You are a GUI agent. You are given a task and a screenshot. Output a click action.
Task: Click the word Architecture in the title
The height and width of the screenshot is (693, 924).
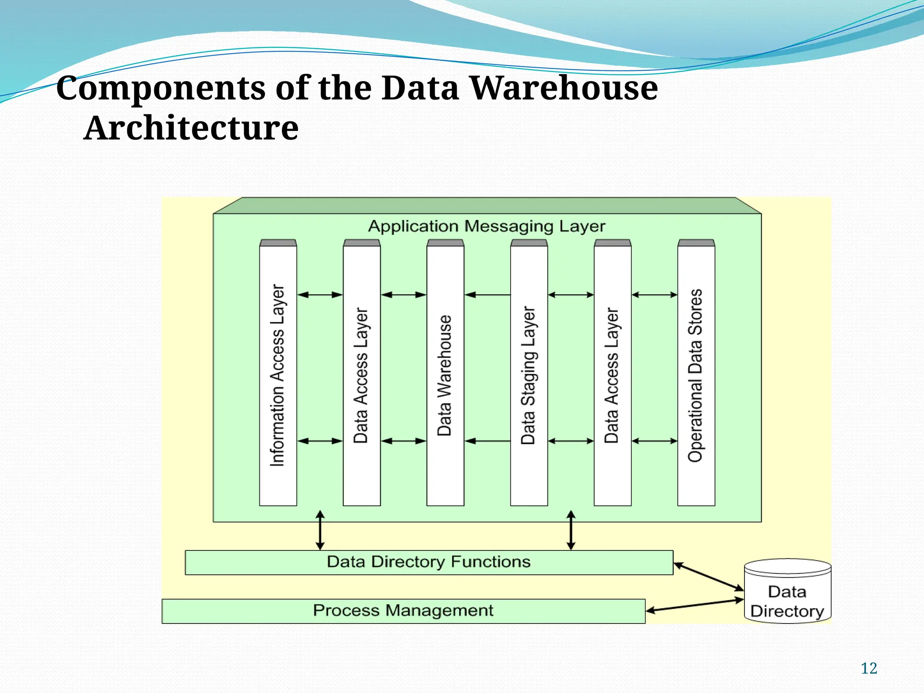point(191,128)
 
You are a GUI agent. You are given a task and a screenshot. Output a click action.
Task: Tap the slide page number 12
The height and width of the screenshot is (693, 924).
point(869,668)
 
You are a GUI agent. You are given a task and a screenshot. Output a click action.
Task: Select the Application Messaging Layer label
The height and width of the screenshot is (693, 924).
point(486,226)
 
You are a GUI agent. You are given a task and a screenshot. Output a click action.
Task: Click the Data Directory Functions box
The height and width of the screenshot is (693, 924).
point(429,562)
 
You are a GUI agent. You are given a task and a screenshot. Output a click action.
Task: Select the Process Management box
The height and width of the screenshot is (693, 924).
point(403,611)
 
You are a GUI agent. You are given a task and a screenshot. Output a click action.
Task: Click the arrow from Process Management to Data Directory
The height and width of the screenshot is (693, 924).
point(695,605)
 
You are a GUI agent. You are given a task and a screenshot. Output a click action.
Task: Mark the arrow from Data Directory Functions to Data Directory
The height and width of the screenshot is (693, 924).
point(708,576)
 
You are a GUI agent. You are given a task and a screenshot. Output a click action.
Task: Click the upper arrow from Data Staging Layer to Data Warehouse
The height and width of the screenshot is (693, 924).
point(487,295)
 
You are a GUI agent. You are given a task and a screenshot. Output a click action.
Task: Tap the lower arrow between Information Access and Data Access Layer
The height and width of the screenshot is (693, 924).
point(320,441)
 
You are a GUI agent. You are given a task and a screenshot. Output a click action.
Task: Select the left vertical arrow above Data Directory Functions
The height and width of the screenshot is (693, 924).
point(320,530)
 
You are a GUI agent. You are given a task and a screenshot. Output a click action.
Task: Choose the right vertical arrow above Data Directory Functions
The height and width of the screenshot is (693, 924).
point(571,530)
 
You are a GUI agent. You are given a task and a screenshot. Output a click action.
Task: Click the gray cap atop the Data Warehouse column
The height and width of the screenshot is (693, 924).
point(445,243)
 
